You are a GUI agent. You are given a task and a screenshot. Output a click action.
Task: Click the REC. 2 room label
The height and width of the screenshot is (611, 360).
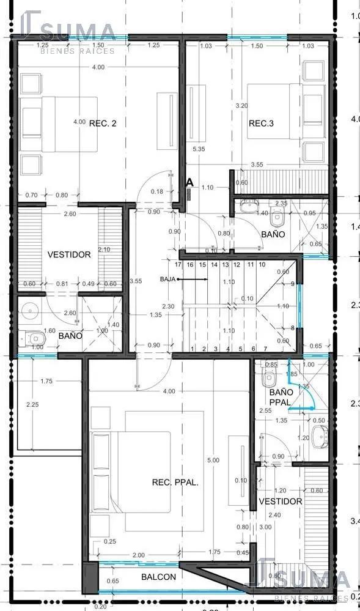[102, 123]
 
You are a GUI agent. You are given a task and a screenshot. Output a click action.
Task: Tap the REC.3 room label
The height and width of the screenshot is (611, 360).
[261, 124]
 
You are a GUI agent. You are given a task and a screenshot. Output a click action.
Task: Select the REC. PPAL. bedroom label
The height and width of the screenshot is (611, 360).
[175, 483]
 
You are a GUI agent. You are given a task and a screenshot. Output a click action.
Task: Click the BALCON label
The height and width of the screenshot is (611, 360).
[159, 577]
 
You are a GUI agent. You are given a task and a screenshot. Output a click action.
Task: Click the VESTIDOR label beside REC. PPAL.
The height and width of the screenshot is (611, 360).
[281, 502]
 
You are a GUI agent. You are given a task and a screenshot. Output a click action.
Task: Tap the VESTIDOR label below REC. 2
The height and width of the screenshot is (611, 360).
[69, 254]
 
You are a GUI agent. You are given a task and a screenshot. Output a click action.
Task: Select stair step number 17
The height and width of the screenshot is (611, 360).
[178, 265]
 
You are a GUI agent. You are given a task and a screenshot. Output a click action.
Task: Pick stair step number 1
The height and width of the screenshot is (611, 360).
[193, 349]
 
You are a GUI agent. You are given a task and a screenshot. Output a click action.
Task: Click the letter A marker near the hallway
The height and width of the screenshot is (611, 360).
[189, 182]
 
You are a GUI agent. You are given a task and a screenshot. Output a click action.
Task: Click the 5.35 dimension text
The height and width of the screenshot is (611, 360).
[198, 149]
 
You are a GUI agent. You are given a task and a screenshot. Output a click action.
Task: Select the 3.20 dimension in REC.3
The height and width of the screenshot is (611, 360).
[242, 105]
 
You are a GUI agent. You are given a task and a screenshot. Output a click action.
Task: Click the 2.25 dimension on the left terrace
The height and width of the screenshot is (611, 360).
[32, 404]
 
